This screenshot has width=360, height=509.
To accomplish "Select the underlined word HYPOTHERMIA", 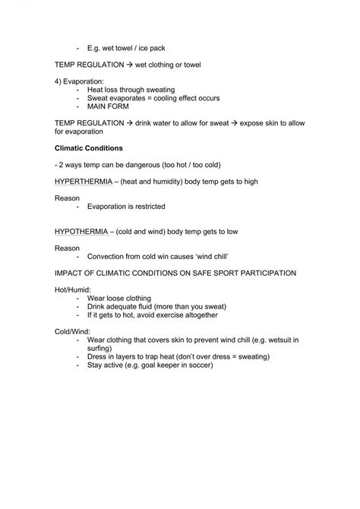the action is click(x=81, y=231).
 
